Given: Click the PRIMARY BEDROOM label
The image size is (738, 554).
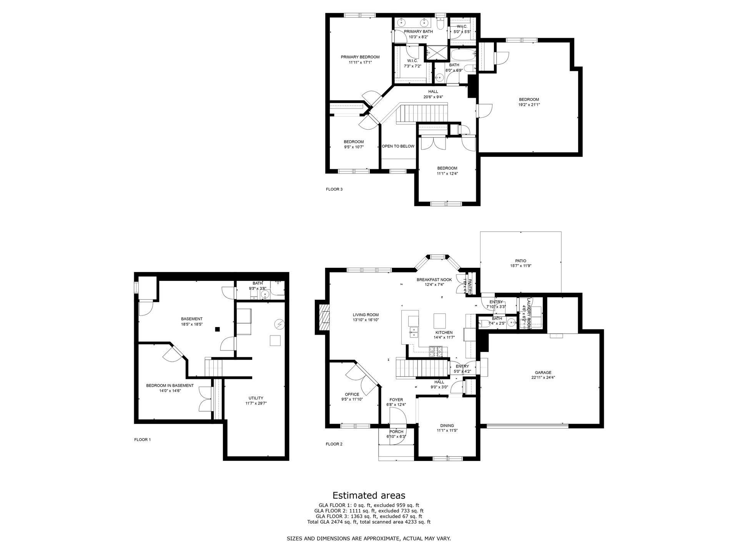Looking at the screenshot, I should (x=360, y=57).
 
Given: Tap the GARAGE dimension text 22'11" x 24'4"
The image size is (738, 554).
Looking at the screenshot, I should (x=543, y=377).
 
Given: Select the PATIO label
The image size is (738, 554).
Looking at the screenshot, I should (x=520, y=261).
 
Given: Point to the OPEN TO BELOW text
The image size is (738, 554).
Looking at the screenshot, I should (x=398, y=146).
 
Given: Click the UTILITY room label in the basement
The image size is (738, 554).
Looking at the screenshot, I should (x=256, y=398).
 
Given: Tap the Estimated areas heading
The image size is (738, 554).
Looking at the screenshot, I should (x=369, y=495).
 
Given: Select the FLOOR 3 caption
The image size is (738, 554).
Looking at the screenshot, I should (x=334, y=189).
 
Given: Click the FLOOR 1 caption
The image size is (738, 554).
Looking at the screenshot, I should (x=142, y=439).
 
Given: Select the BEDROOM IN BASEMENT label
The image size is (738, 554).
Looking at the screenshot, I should (x=170, y=385).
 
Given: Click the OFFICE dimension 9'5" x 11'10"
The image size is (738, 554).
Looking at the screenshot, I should (x=352, y=399).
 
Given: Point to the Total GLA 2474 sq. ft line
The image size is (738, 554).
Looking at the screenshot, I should (x=369, y=522).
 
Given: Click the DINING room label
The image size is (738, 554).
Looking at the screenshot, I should (x=447, y=426).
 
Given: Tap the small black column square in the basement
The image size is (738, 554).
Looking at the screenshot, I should (x=217, y=329).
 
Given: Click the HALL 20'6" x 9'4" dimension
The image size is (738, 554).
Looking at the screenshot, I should (x=433, y=97).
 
